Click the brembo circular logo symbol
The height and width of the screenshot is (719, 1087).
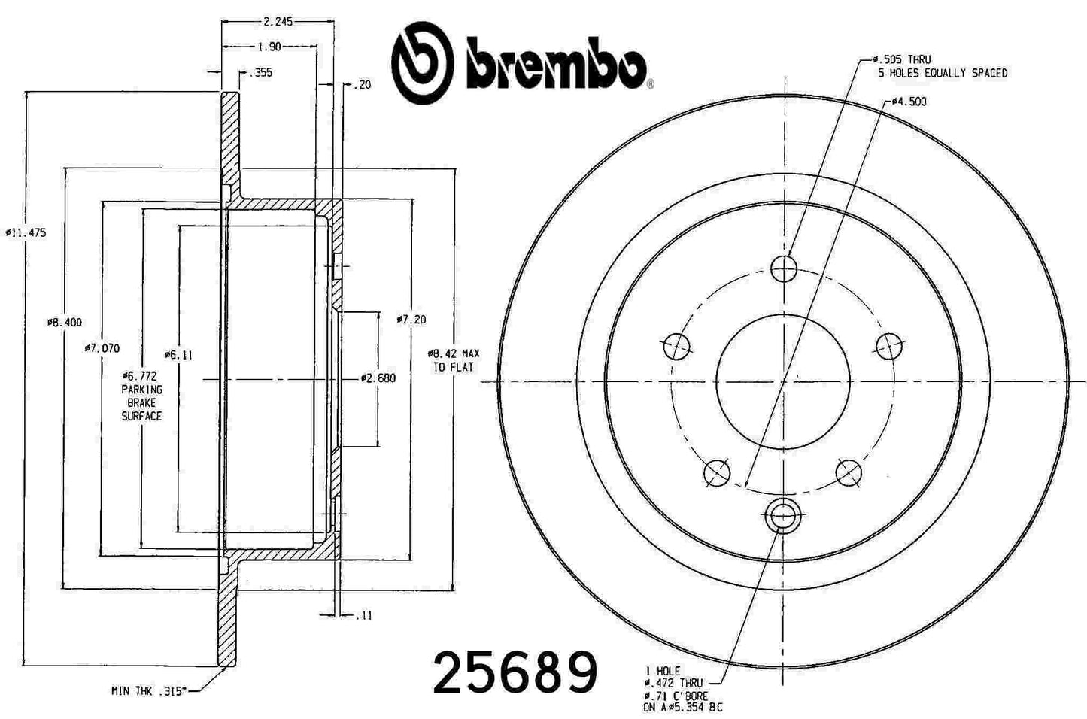pos(422,63)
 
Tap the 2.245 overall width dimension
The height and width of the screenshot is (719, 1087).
pos(278,22)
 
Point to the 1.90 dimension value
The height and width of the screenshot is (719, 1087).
pos(269,47)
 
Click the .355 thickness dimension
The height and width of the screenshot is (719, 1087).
pos(260,73)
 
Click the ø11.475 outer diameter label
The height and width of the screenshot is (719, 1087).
pos(26,233)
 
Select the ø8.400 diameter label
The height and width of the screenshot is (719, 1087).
pos(65,323)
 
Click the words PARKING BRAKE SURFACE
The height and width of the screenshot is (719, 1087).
pos(141,402)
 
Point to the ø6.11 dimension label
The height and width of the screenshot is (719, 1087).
pos(178,355)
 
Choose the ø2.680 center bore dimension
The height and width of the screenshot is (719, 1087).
pos(378,378)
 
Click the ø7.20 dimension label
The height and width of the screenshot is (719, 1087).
pos(411,320)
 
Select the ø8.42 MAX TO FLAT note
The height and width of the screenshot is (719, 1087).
pos(454,359)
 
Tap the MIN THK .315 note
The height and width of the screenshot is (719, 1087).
pos(148,691)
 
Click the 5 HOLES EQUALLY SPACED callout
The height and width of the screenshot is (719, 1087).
pos(942,73)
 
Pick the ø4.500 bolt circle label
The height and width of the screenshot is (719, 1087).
pos(909,102)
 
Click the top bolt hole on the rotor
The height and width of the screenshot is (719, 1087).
pos(784,268)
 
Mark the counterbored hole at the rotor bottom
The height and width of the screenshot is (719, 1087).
pos(783,517)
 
